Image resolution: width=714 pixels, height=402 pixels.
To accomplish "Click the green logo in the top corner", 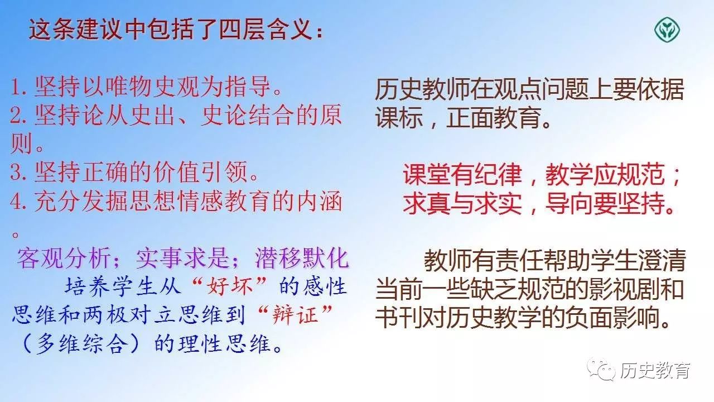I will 667,28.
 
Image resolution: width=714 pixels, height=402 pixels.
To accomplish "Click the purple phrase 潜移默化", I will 302,259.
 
